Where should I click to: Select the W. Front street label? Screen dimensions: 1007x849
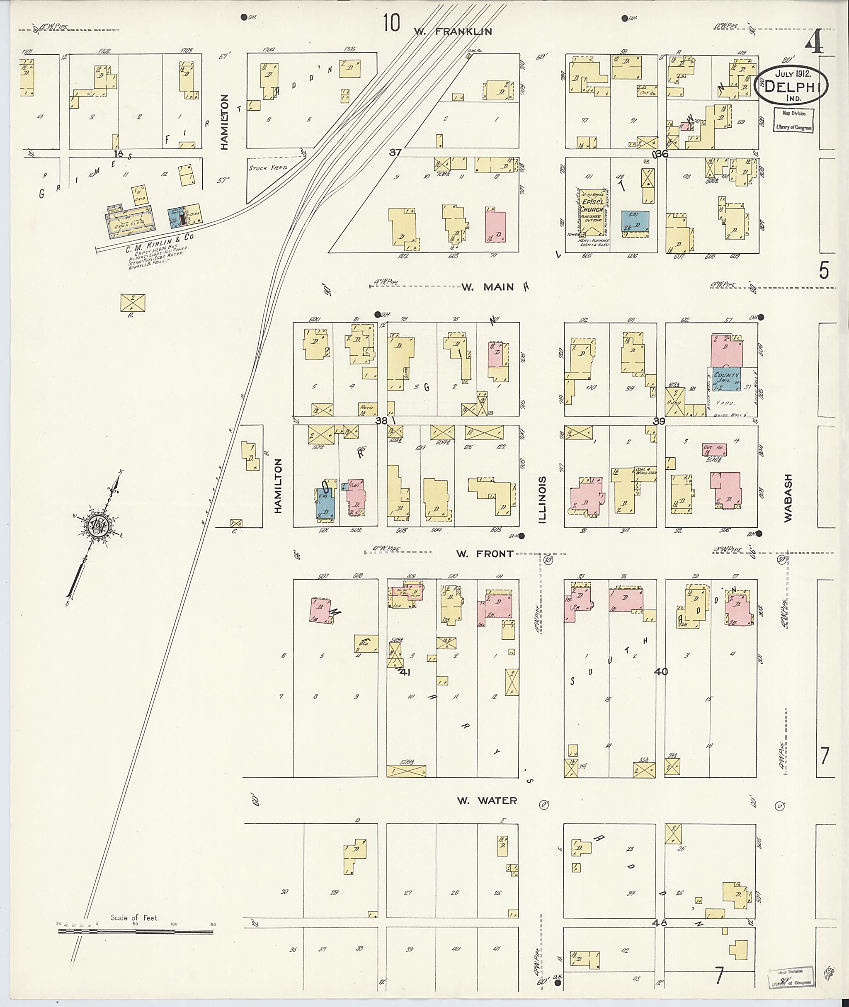click(485, 554)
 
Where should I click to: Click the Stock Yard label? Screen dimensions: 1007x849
click(268, 168)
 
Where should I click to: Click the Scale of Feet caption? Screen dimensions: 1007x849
click(134, 917)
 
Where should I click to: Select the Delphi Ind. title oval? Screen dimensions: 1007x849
click(787, 85)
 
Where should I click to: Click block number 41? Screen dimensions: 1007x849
click(403, 672)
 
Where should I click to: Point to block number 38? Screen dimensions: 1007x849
click(381, 420)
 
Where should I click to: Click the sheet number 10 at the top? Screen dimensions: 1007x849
click(392, 23)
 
